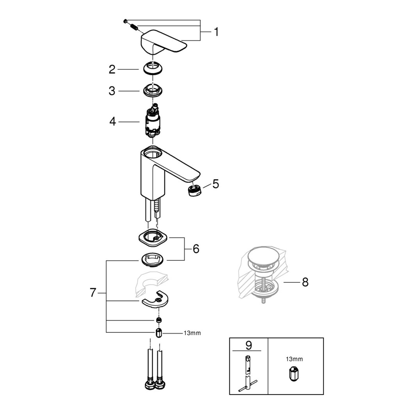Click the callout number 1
click(216, 32)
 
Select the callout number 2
click(112, 69)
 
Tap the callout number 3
click(112, 91)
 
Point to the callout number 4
click(113, 121)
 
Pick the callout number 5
click(216, 184)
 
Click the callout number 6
click(196, 249)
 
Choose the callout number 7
click(93, 293)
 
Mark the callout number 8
click(305, 282)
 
